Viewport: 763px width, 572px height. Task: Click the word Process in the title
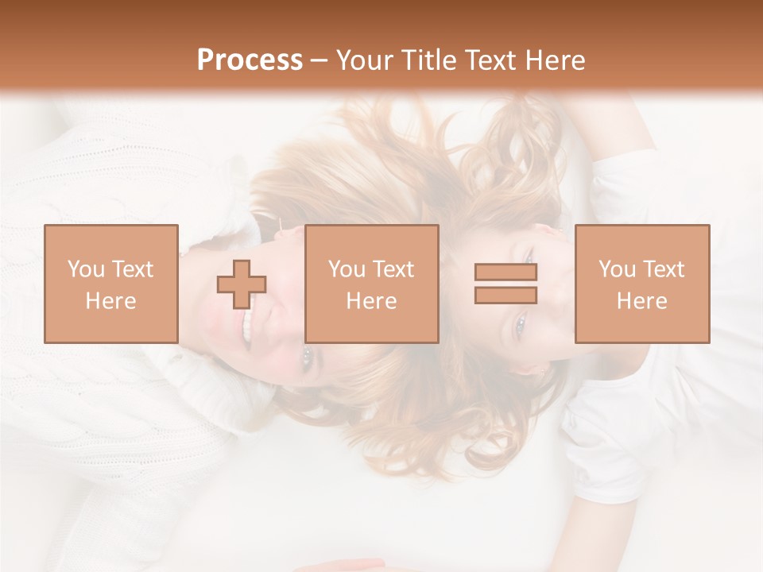[250, 60]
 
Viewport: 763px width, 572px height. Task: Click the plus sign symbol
[242, 284]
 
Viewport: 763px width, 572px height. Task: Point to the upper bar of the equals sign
[505, 272]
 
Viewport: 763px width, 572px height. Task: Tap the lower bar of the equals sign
[505, 295]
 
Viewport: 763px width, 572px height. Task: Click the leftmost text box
[111, 284]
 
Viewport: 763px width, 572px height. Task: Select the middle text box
[372, 284]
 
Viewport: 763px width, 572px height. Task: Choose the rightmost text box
[642, 284]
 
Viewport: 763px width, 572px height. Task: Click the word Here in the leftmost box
[111, 301]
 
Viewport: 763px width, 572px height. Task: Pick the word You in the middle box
[347, 269]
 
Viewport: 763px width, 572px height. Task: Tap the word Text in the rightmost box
[664, 269]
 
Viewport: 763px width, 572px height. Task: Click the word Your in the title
[362, 60]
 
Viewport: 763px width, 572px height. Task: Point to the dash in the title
[320, 60]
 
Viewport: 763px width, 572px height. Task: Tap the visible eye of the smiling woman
[308, 356]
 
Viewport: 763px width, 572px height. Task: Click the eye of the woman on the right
[521, 324]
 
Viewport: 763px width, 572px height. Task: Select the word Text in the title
[486, 60]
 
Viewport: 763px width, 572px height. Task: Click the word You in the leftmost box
[86, 269]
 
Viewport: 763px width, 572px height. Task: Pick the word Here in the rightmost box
[642, 301]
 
